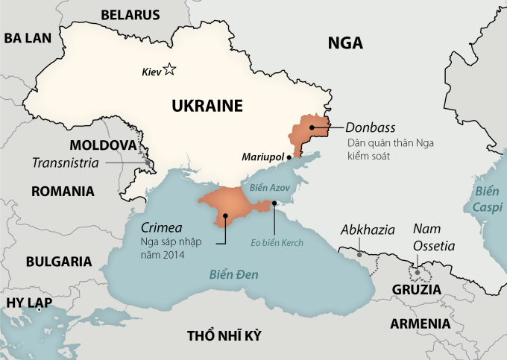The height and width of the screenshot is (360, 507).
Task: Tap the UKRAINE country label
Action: click(207, 106)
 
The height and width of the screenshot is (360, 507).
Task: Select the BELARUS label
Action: click(130, 14)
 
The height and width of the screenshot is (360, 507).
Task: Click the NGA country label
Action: click(345, 43)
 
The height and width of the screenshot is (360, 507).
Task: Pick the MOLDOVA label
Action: click(103, 145)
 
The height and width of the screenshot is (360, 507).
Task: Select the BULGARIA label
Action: click(59, 262)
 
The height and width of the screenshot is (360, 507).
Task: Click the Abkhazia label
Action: click(368, 230)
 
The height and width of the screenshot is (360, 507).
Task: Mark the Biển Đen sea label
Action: click(234, 274)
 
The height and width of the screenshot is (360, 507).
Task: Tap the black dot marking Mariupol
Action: click(289, 157)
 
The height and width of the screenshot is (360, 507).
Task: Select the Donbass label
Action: click(371, 127)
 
